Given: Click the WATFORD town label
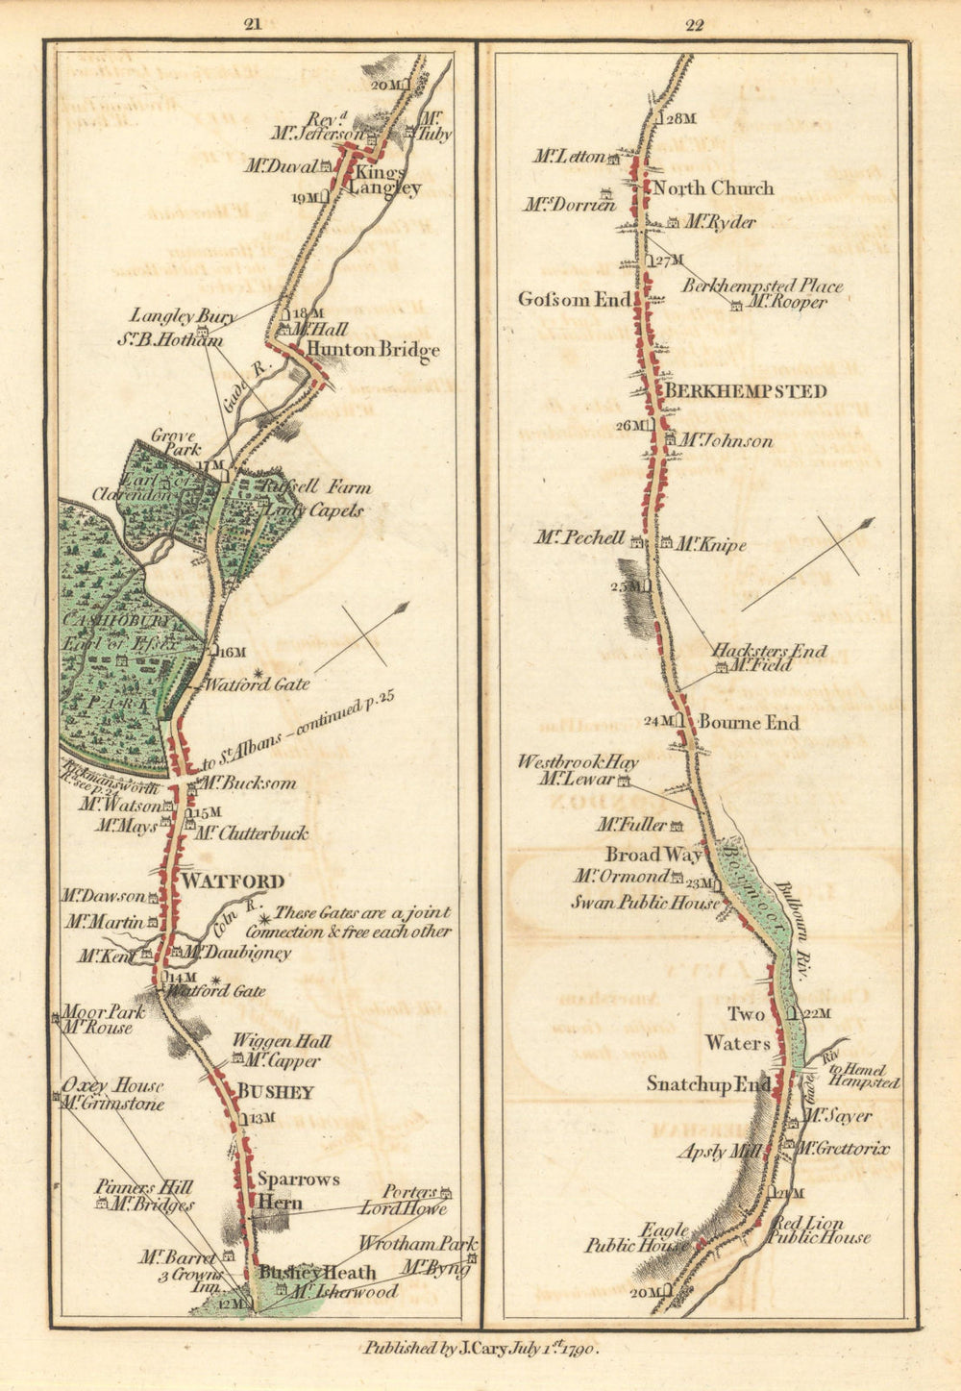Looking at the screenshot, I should pos(234,882).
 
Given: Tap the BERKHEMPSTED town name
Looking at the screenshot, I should pos(746,391).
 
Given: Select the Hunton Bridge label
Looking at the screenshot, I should pos(374,350).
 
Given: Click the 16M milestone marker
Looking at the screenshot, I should pos(232,652).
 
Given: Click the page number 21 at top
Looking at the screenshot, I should pos(253,25).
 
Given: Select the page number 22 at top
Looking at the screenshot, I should pos(695,25).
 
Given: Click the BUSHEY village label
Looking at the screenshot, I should pos(275,1092).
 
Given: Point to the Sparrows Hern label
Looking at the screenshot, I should pos(297,1190).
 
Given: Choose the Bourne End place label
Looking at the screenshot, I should pos(749,723).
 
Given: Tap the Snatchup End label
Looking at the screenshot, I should pos(708,1084).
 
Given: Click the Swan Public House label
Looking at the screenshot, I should pos(645,903).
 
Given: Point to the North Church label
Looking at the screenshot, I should pos(713,188).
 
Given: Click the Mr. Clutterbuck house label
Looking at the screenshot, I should pos(251,833).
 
